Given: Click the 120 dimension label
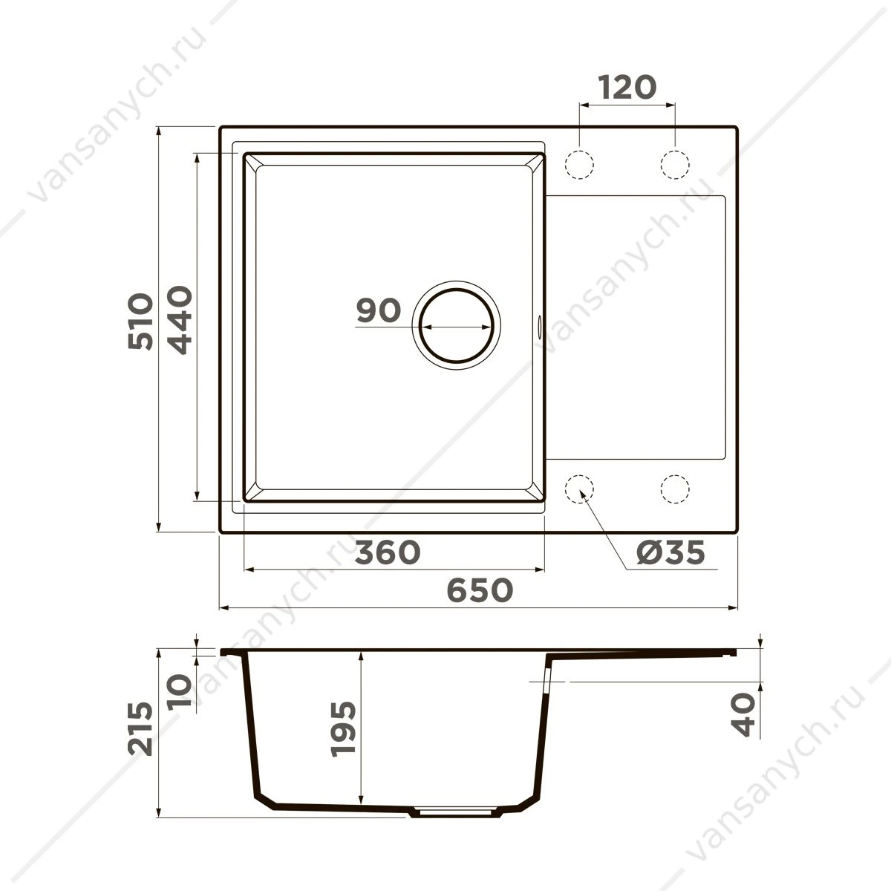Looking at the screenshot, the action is pyautogui.click(x=627, y=87).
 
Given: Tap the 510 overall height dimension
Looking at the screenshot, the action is pyautogui.click(x=140, y=321).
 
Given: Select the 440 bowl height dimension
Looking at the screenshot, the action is pyautogui.click(x=180, y=320).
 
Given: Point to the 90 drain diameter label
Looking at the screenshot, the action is pyautogui.click(x=378, y=310).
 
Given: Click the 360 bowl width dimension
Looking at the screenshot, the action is pyautogui.click(x=388, y=552).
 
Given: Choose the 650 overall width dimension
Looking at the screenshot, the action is pyautogui.click(x=480, y=590).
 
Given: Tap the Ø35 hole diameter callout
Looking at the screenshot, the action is pyautogui.click(x=670, y=552).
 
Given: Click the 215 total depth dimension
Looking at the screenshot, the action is pyautogui.click(x=140, y=729).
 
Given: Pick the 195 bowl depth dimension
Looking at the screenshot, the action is pyautogui.click(x=343, y=729).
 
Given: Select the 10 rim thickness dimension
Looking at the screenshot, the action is pyautogui.click(x=180, y=692).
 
